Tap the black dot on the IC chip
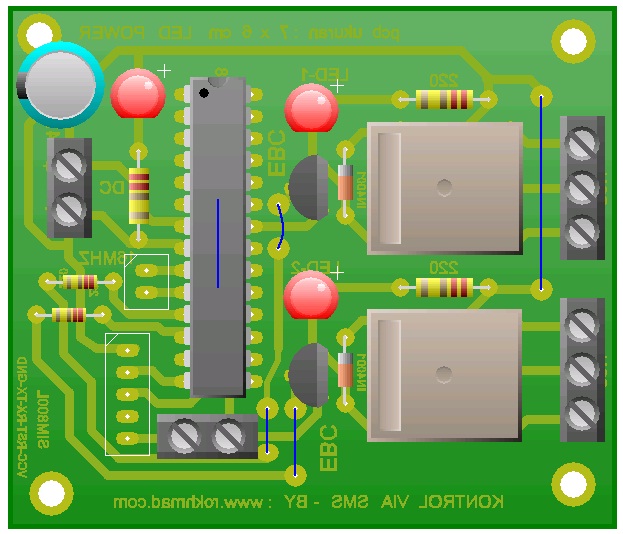pos(204,92)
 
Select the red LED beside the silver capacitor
pos(138,96)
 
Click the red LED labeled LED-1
pos(311,108)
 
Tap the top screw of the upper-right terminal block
pos(581,144)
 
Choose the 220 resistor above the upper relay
pos(444,98)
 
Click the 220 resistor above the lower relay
pos(444,288)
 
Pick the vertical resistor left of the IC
pos(139,195)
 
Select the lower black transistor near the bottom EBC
pos(309,375)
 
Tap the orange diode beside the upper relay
pos(346,185)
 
